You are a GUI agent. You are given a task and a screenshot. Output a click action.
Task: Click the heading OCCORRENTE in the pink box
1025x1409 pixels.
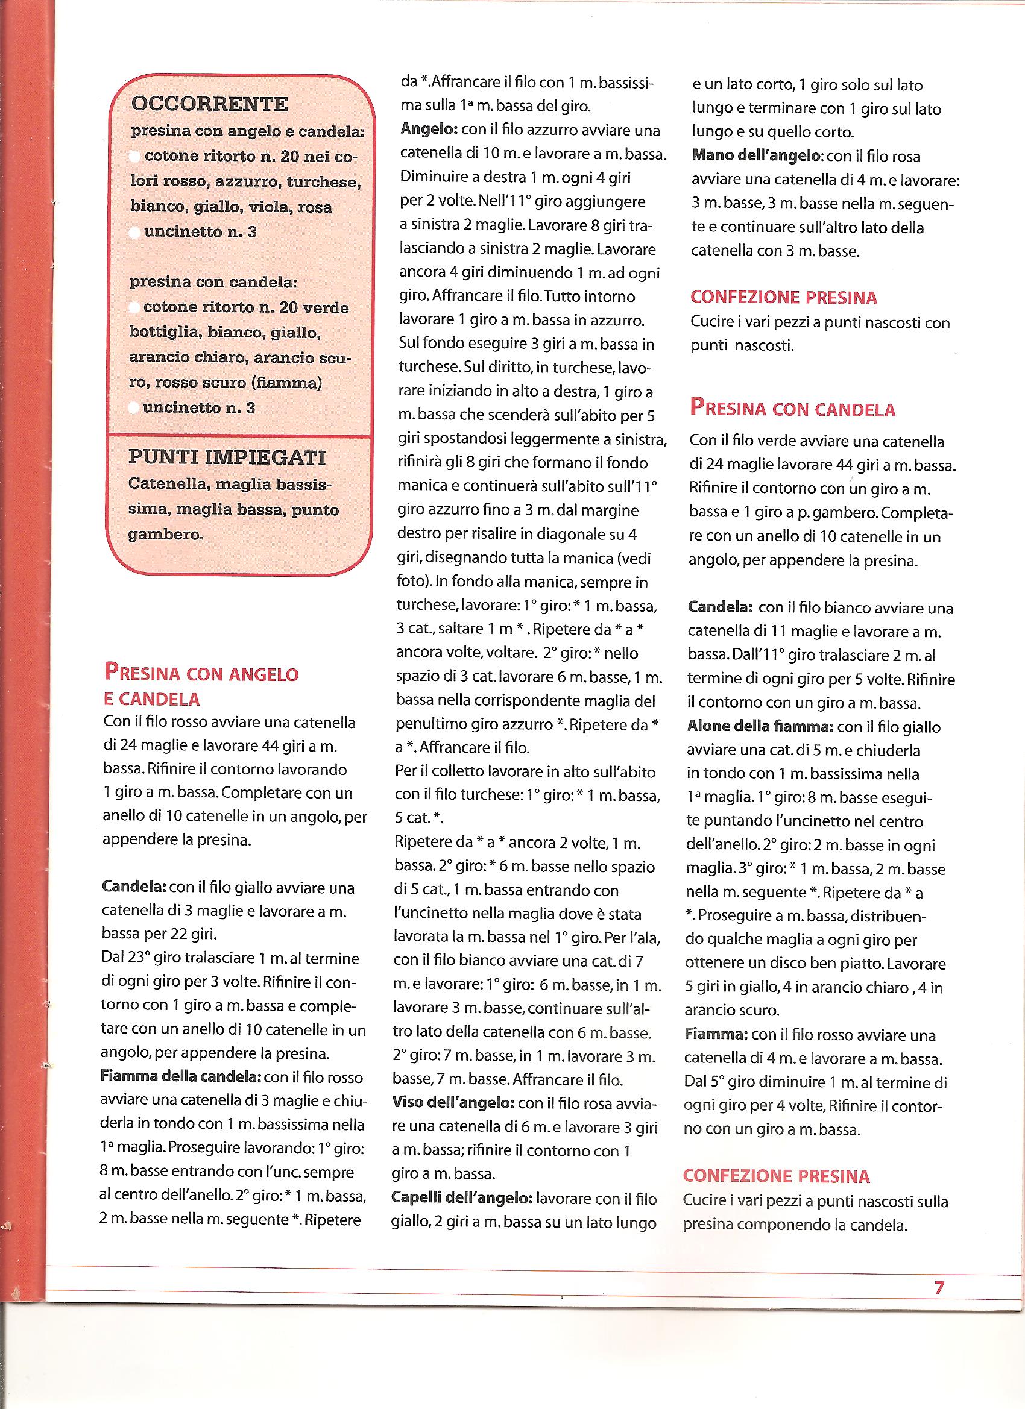pos(209,103)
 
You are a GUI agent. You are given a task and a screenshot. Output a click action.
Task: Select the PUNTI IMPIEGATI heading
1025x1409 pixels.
pos(227,458)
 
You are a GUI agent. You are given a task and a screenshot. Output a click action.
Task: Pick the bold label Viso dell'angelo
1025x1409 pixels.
pos(453,1103)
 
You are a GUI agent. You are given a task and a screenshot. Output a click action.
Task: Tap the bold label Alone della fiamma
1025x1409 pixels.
pos(761,726)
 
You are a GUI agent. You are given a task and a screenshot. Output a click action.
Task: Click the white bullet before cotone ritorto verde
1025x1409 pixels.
pos(134,307)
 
